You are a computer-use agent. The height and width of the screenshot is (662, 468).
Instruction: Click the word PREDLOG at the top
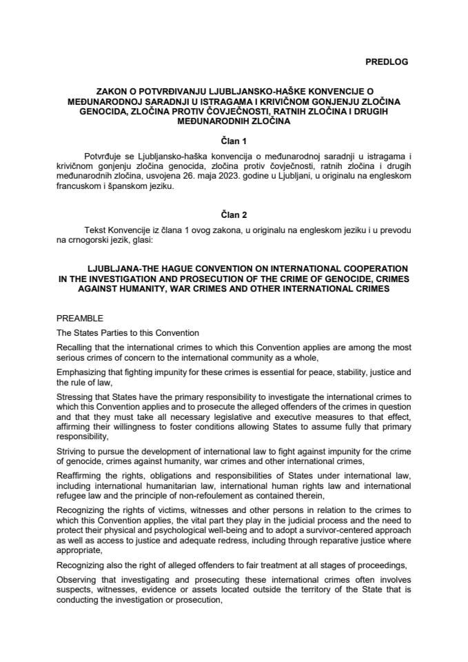coord(385,61)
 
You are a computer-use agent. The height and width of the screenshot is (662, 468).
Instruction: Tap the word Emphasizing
coord(83,372)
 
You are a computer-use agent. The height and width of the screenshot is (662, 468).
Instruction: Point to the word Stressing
coord(74,397)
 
